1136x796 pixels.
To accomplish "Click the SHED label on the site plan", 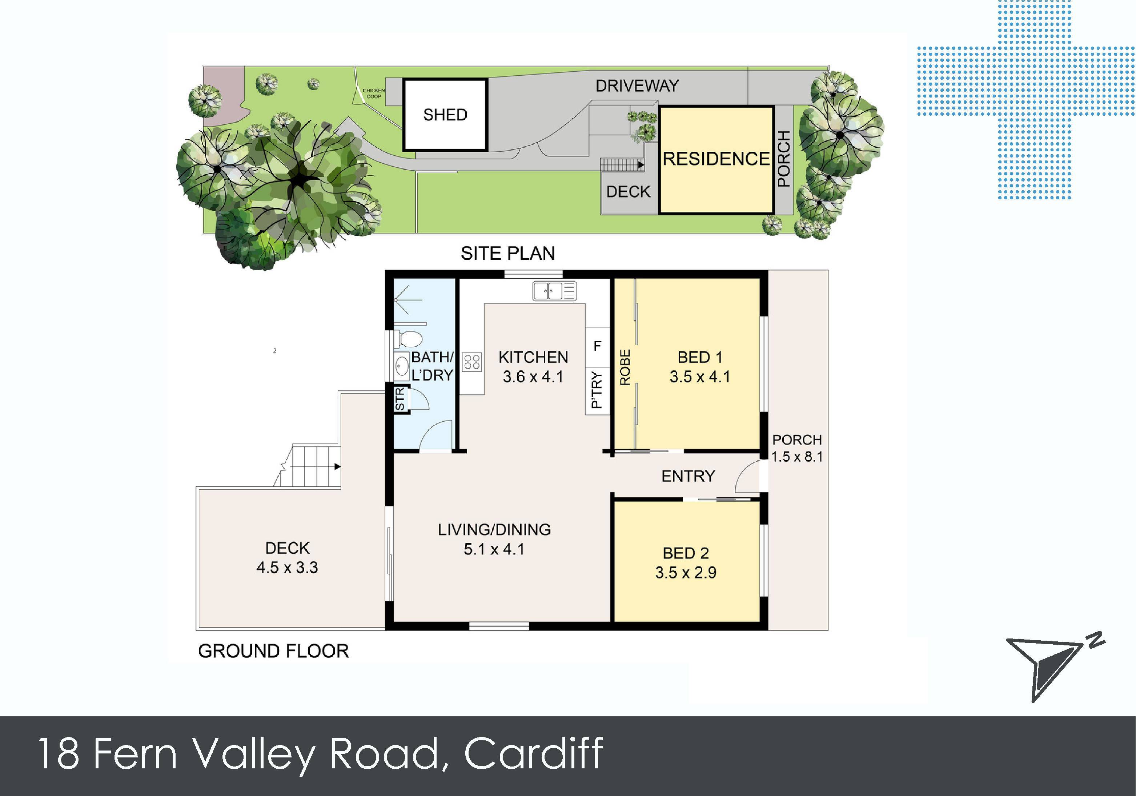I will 445,115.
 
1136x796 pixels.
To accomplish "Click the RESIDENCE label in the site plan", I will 715,159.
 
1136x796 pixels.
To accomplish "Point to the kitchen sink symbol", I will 554,291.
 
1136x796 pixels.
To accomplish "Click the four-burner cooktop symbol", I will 472,361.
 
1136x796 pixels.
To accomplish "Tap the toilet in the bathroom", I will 409,339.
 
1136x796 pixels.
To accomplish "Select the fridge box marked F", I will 597,346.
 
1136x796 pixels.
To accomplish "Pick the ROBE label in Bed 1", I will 625,367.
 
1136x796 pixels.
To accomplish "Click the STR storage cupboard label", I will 400,399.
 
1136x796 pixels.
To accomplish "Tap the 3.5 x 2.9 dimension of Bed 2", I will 686,573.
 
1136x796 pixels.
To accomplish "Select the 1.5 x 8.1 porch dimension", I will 797,457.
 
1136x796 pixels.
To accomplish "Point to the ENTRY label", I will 688,476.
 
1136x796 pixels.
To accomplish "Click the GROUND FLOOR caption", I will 273,650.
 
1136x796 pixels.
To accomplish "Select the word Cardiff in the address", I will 533,753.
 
